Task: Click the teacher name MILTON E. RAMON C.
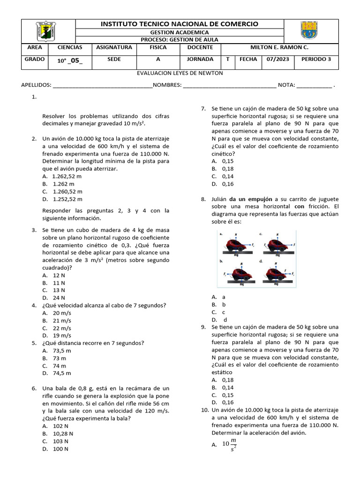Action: pos(279,47)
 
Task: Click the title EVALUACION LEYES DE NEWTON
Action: pos(180,73)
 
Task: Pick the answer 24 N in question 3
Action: pos(59,298)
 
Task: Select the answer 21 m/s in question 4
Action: pos(62,321)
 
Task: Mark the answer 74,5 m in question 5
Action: pos(62,374)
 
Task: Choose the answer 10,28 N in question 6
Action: pos(63,434)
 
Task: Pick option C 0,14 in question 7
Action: pos(228,176)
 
